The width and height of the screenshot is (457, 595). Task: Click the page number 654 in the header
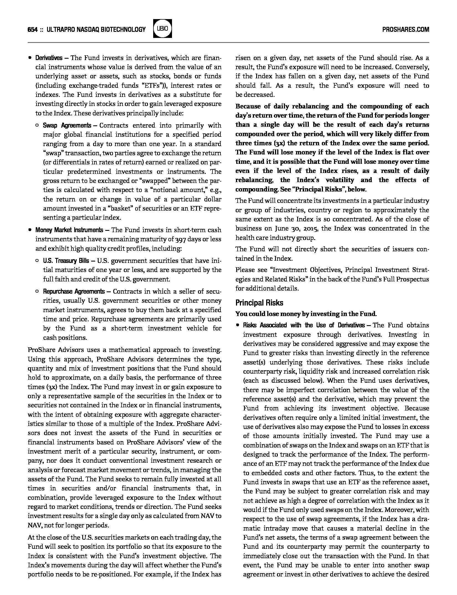pos(32,29)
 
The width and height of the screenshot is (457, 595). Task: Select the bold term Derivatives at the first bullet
pos(49,58)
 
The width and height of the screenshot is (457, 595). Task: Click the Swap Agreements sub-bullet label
pos(67,125)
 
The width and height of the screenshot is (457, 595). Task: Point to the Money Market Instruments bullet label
pos(69,230)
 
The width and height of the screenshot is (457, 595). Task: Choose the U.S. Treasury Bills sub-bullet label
pos(66,261)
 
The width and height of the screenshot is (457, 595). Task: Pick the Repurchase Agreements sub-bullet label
pos(74,291)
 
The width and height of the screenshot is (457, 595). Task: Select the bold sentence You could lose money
pos(306,314)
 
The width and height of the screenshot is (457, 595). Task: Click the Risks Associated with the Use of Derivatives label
pos(304,325)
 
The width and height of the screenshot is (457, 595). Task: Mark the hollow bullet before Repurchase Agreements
pos(37,291)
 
